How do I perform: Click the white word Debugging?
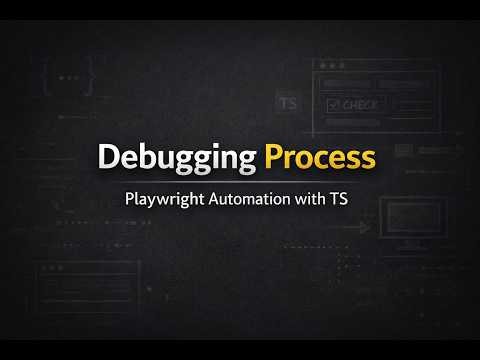178,158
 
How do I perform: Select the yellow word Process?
321,157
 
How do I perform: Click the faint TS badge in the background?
288,104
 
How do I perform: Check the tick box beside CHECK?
332,103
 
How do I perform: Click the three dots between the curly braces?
67,78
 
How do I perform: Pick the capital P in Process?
274,157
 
